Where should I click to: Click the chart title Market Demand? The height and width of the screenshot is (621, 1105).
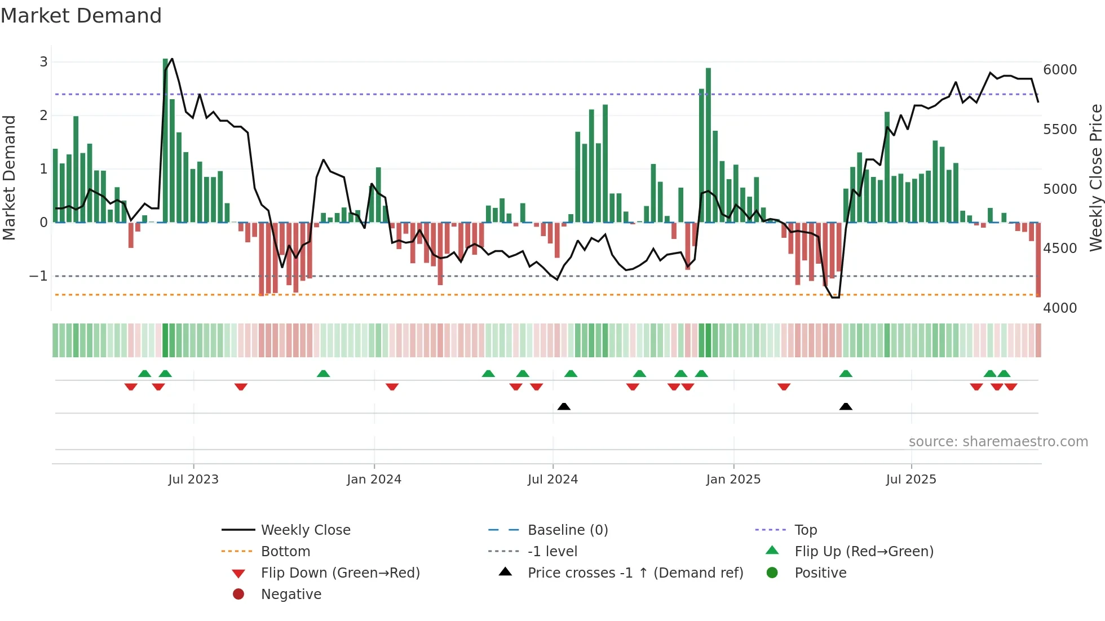pyautogui.click(x=81, y=16)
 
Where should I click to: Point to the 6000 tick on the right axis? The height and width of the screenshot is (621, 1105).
pyautogui.click(x=1059, y=70)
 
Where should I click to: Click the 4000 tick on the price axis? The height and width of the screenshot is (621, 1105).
pyautogui.click(x=1059, y=308)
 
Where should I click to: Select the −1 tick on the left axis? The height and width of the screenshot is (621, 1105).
pyautogui.click(x=38, y=276)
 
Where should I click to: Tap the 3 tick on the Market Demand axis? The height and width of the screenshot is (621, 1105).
pyautogui.click(x=43, y=62)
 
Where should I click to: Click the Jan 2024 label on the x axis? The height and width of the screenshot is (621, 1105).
pyautogui.click(x=374, y=480)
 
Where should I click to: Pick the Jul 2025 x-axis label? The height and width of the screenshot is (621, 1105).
pyautogui.click(x=910, y=480)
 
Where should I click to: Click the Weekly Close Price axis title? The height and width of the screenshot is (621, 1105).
pyautogui.click(x=1095, y=178)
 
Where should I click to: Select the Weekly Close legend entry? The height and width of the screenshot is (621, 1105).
pyautogui.click(x=305, y=530)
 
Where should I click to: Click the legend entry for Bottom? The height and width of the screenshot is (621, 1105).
pyautogui.click(x=285, y=552)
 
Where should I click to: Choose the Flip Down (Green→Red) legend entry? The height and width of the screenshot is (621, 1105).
pyautogui.click(x=340, y=573)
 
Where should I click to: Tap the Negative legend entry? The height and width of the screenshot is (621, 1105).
pyautogui.click(x=291, y=595)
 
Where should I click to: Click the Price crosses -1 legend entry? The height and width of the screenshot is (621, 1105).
pyautogui.click(x=635, y=573)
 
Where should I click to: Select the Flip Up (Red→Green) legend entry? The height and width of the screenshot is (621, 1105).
pyautogui.click(x=864, y=552)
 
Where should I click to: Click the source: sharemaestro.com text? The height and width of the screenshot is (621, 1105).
pyautogui.click(x=998, y=442)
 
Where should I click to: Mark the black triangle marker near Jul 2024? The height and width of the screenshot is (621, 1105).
pyautogui.click(x=564, y=406)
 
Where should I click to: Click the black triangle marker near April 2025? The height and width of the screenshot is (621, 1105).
pyautogui.click(x=846, y=406)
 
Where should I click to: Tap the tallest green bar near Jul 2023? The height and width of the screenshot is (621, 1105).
pyautogui.click(x=166, y=141)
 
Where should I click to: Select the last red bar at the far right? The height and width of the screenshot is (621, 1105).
pyautogui.click(x=1038, y=259)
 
